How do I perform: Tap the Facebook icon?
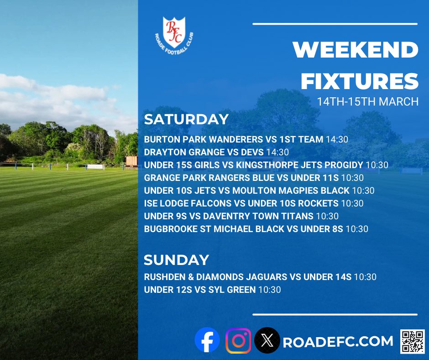207,341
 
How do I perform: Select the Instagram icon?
238,341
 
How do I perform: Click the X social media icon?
267,341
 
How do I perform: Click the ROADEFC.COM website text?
338,341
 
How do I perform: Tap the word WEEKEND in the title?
356,50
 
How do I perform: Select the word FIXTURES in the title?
359,81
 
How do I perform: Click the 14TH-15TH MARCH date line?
368,101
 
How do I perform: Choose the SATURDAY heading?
186,119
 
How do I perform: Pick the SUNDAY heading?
176,260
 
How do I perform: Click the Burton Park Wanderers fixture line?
246,139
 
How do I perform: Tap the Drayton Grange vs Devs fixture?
216,152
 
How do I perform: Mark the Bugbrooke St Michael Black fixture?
256,229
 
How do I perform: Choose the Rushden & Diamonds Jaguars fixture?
260,276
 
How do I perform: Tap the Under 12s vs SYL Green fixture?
212,289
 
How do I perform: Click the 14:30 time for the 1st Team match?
337,139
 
